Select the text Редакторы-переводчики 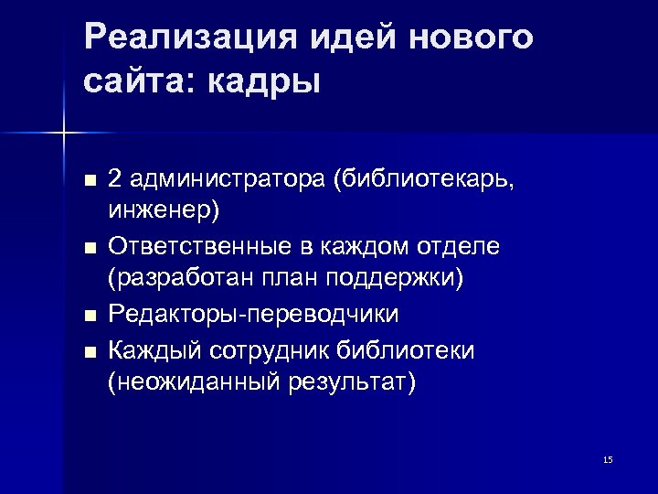pos(253,315)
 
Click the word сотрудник pos(281,349)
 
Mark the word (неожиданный pos(190,382)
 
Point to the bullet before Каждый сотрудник pos(89,349)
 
